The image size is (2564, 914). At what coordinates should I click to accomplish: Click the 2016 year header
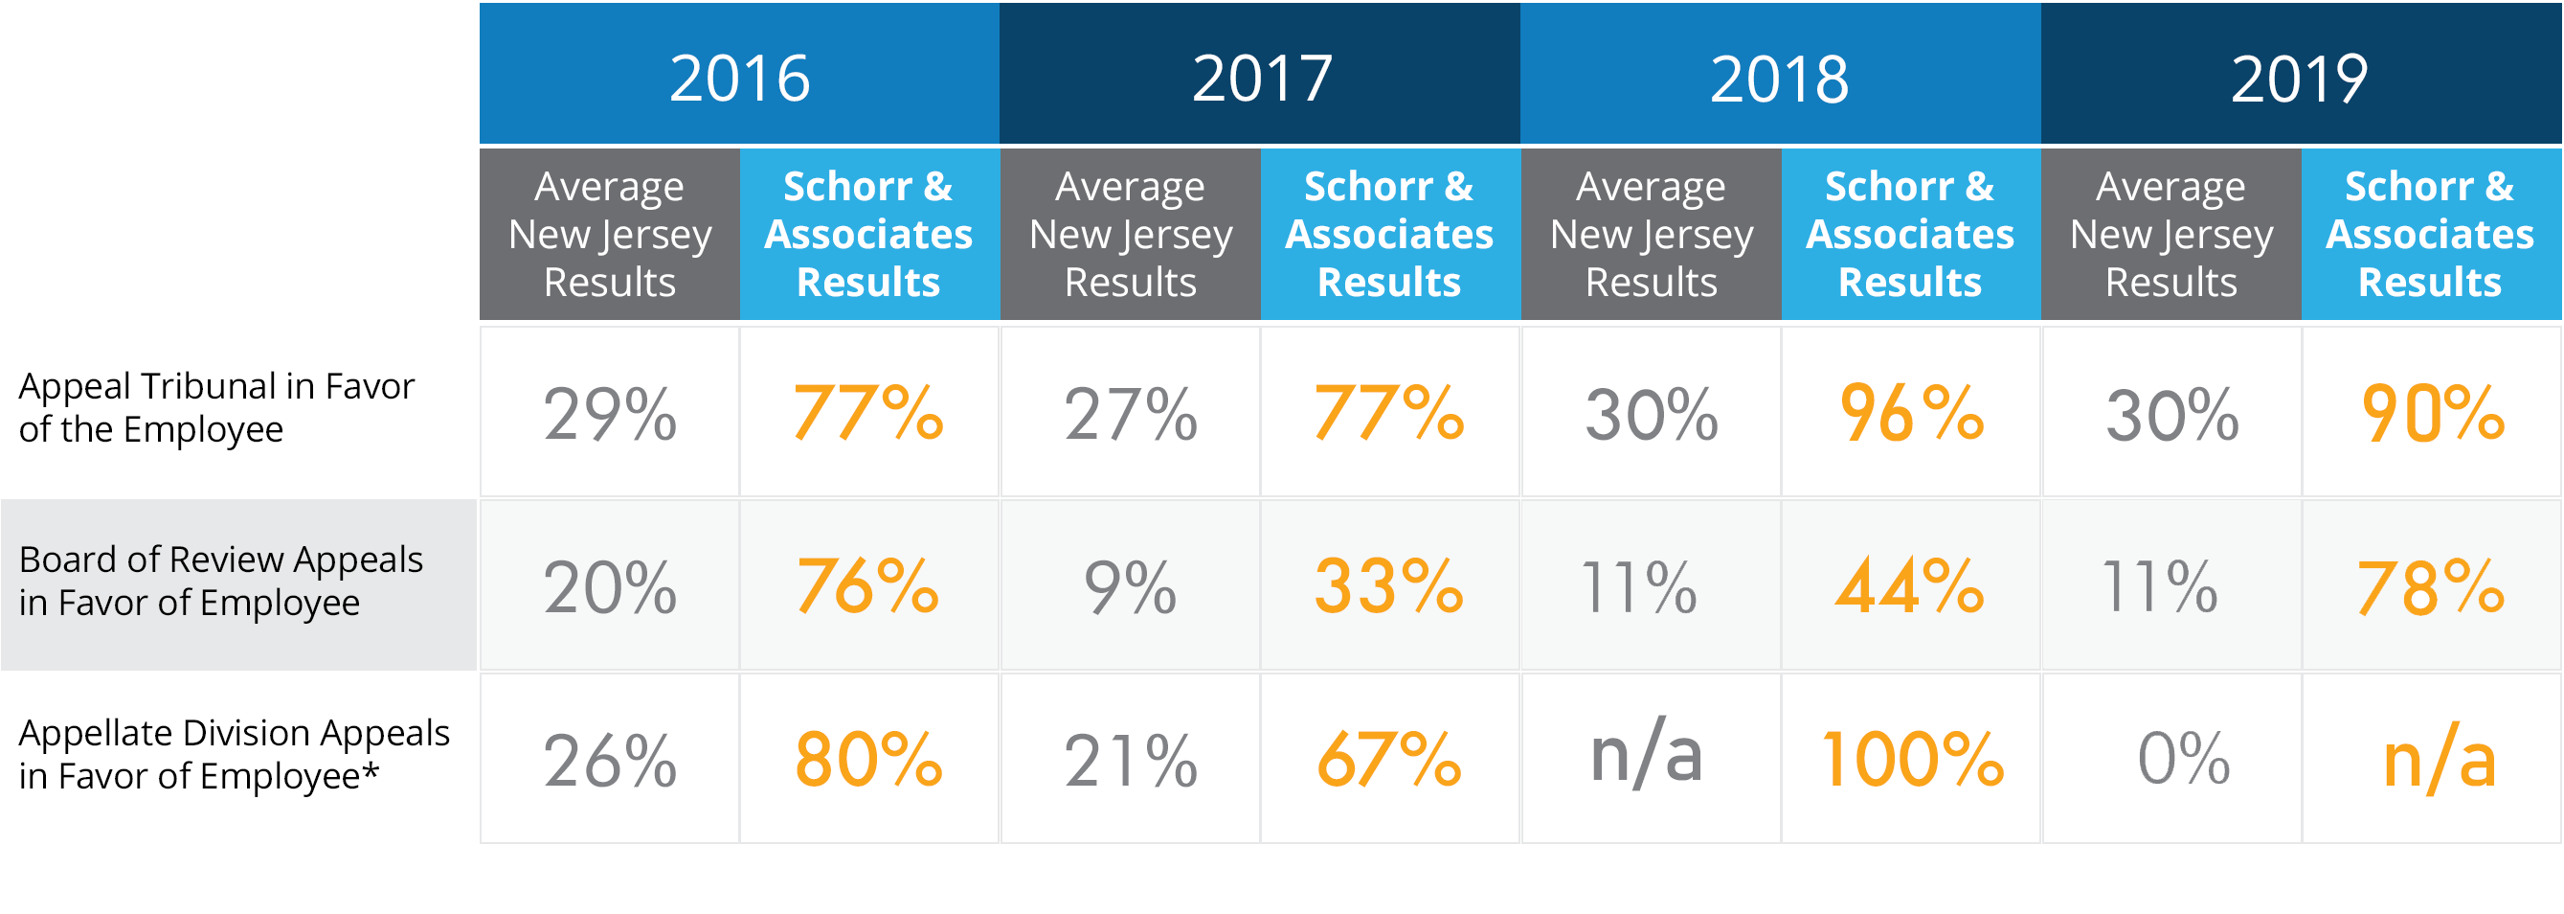[x=738, y=78]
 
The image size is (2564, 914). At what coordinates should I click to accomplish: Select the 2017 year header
[x=1260, y=78]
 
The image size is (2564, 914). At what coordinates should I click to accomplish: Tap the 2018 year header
[x=1780, y=78]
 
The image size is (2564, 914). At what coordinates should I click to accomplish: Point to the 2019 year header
[x=2299, y=78]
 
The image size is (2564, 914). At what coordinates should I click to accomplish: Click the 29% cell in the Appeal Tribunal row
[x=609, y=413]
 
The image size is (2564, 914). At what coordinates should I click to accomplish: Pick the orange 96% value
[x=1911, y=413]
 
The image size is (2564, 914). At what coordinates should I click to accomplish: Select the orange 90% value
[x=2432, y=413]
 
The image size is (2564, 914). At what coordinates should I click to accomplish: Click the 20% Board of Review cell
[x=609, y=586]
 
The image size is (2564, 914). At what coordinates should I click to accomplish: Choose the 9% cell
[x=1130, y=586]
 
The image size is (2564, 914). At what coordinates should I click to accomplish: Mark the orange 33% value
[x=1389, y=586]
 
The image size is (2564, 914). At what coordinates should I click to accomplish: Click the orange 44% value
[x=1911, y=586]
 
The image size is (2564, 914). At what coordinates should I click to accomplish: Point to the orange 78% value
[x=2432, y=586]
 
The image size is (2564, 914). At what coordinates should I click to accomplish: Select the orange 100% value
[x=1911, y=760]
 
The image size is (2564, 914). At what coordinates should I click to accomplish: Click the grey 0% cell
[x=2184, y=760]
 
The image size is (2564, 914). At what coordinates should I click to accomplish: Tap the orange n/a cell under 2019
[x=2440, y=760]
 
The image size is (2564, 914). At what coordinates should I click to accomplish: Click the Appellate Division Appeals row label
[x=234, y=754]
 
